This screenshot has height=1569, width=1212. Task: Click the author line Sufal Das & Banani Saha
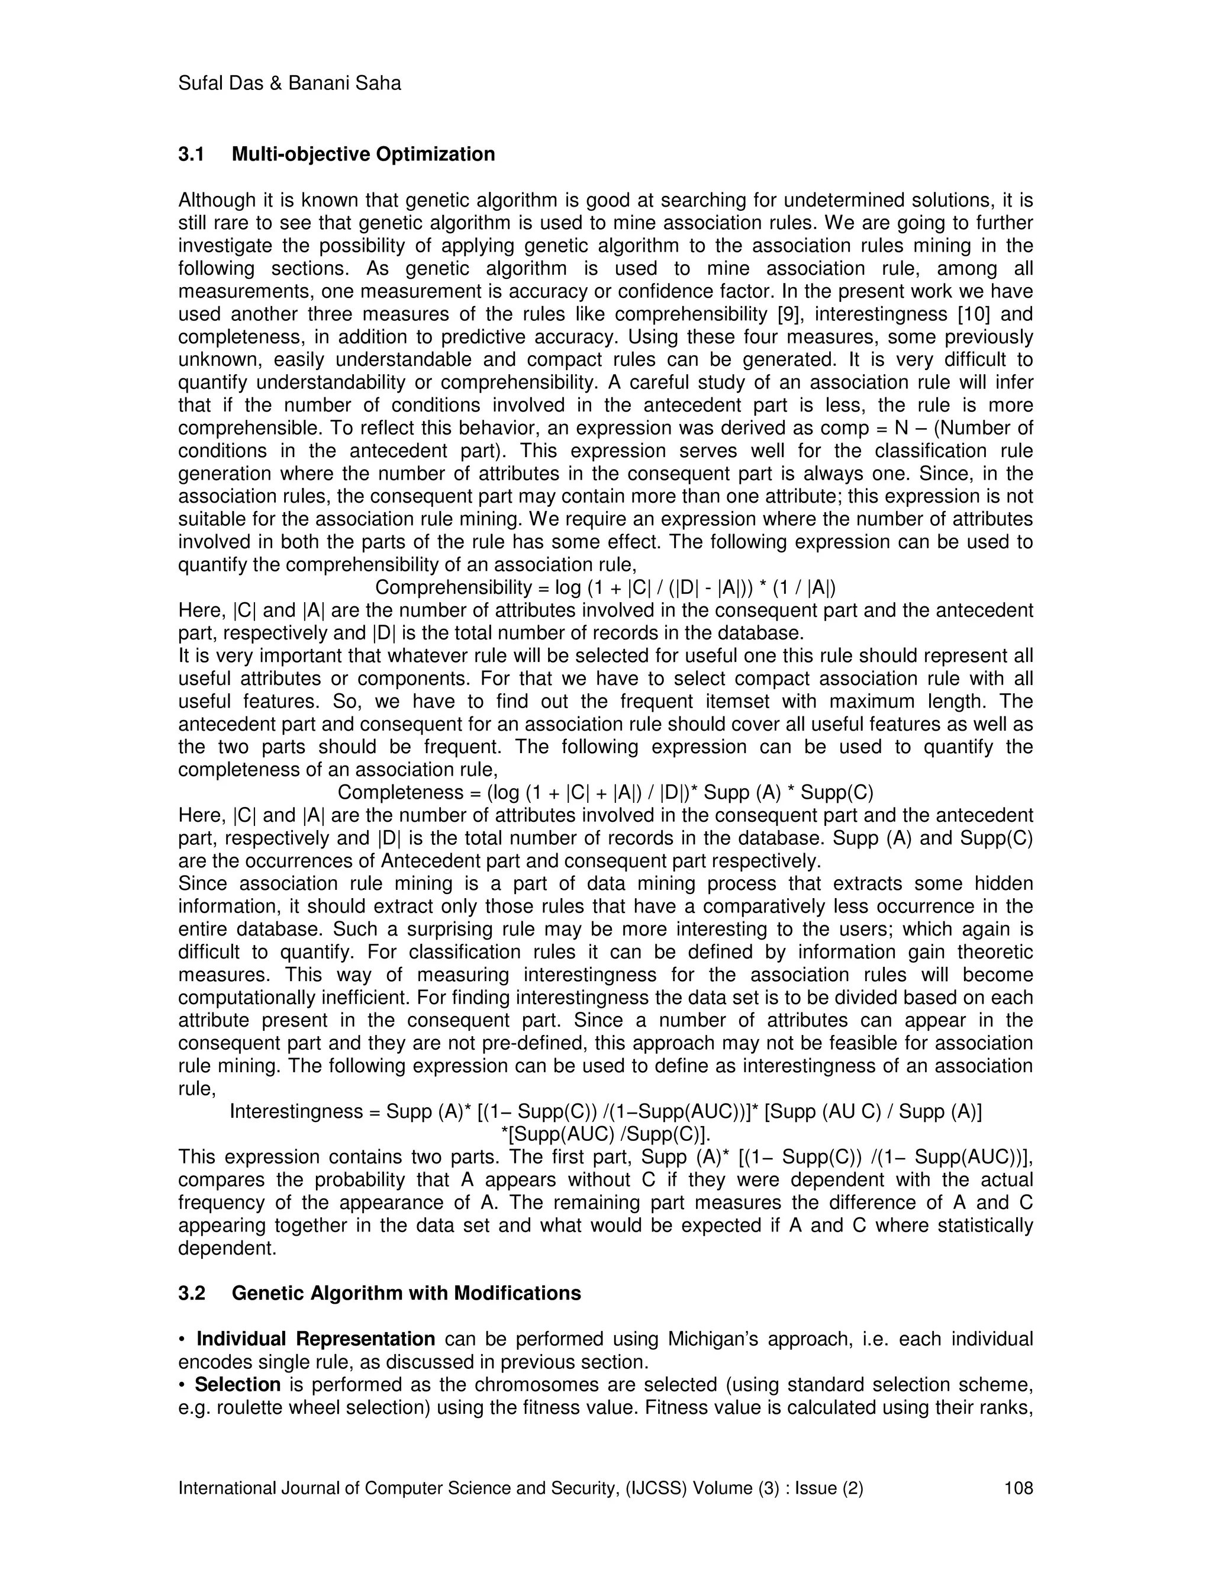click(x=289, y=84)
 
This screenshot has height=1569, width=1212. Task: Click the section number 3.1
click(x=191, y=155)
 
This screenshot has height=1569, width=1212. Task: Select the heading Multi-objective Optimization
click(x=363, y=155)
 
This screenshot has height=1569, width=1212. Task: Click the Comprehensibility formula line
click(x=605, y=588)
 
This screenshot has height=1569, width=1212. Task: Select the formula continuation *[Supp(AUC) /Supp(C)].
click(x=605, y=1134)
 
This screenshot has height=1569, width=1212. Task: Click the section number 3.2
click(x=191, y=1293)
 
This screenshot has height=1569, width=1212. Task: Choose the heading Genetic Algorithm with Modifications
click(x=407, y=1293)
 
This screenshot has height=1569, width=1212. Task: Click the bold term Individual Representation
click(x=315, y=1339)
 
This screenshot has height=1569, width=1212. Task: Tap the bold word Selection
click(x=237, y=1384)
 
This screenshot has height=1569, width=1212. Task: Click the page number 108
click(x=1018, y=1488)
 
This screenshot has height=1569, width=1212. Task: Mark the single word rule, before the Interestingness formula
click(x=196, y=1089)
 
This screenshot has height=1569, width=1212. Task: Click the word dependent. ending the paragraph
click(x=227, y=1249)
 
